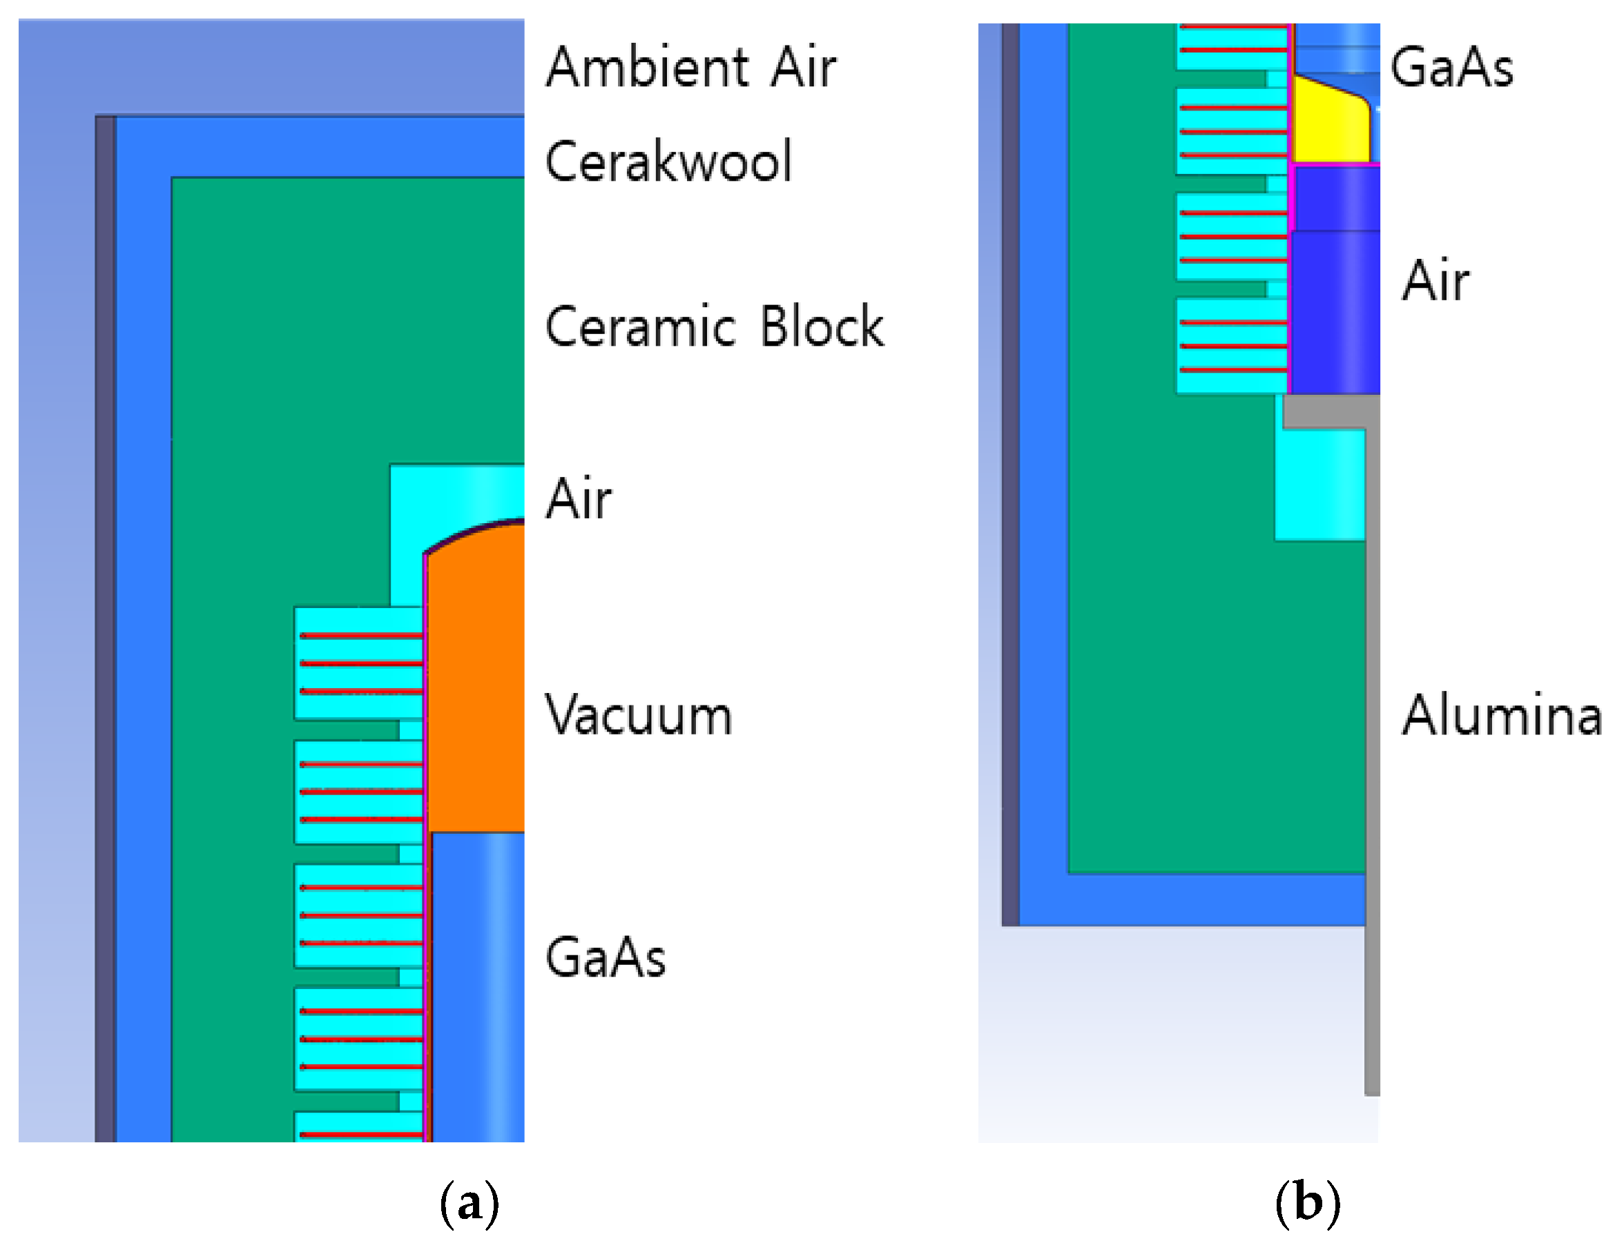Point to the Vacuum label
click(639, 716)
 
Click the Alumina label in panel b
click(1502, 716)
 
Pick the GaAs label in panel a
click(606, 957)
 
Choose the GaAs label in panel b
click(1451, 66)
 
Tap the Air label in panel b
click(1435, 281)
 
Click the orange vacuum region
click(477, 687)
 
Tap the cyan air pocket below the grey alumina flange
click(1320, 484)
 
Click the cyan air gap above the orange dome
click(458, 491)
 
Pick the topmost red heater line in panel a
click(361, 636)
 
